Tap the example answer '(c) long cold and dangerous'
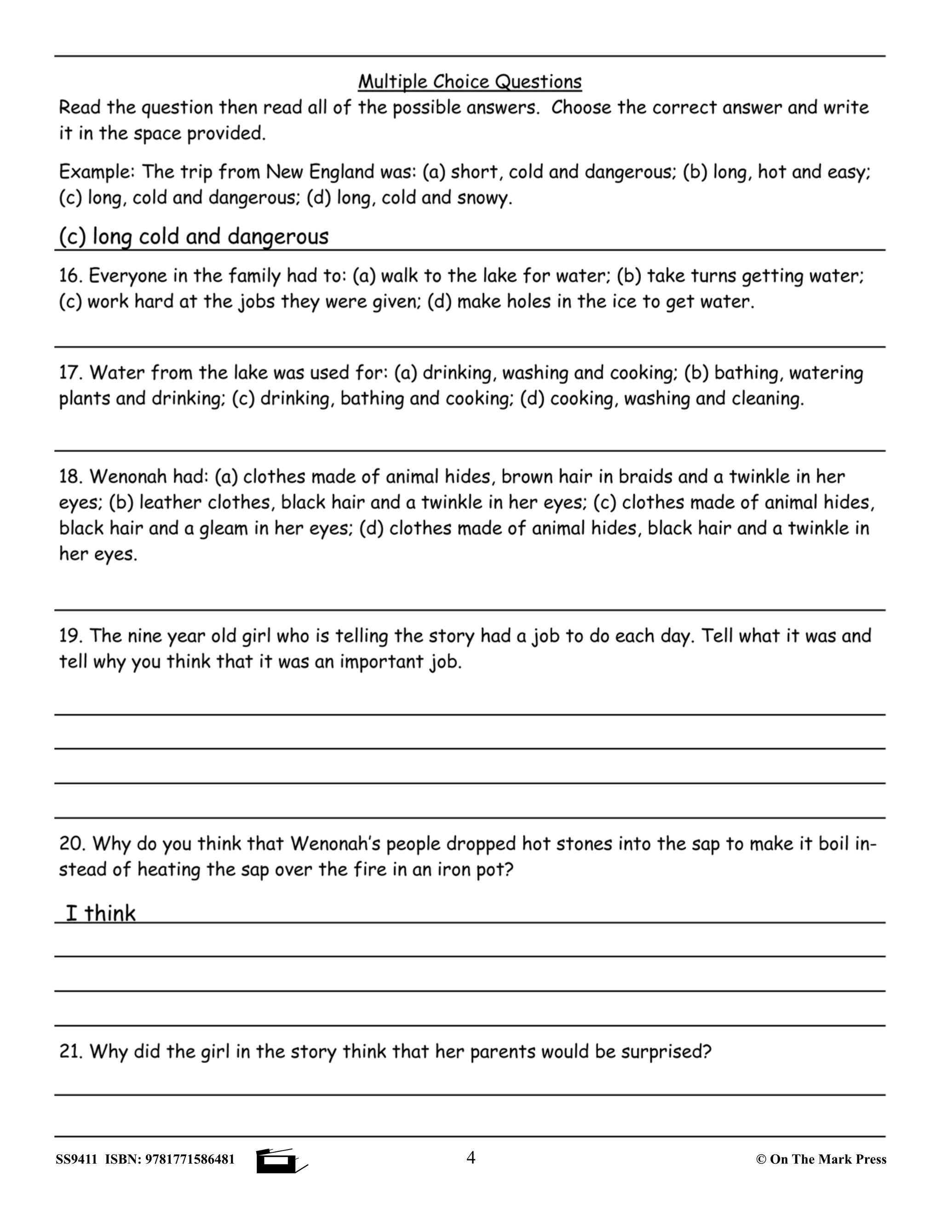pos(194,236)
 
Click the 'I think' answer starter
pos(100,914)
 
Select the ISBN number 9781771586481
pos(190,1160)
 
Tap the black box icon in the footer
pos(276,1161)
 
